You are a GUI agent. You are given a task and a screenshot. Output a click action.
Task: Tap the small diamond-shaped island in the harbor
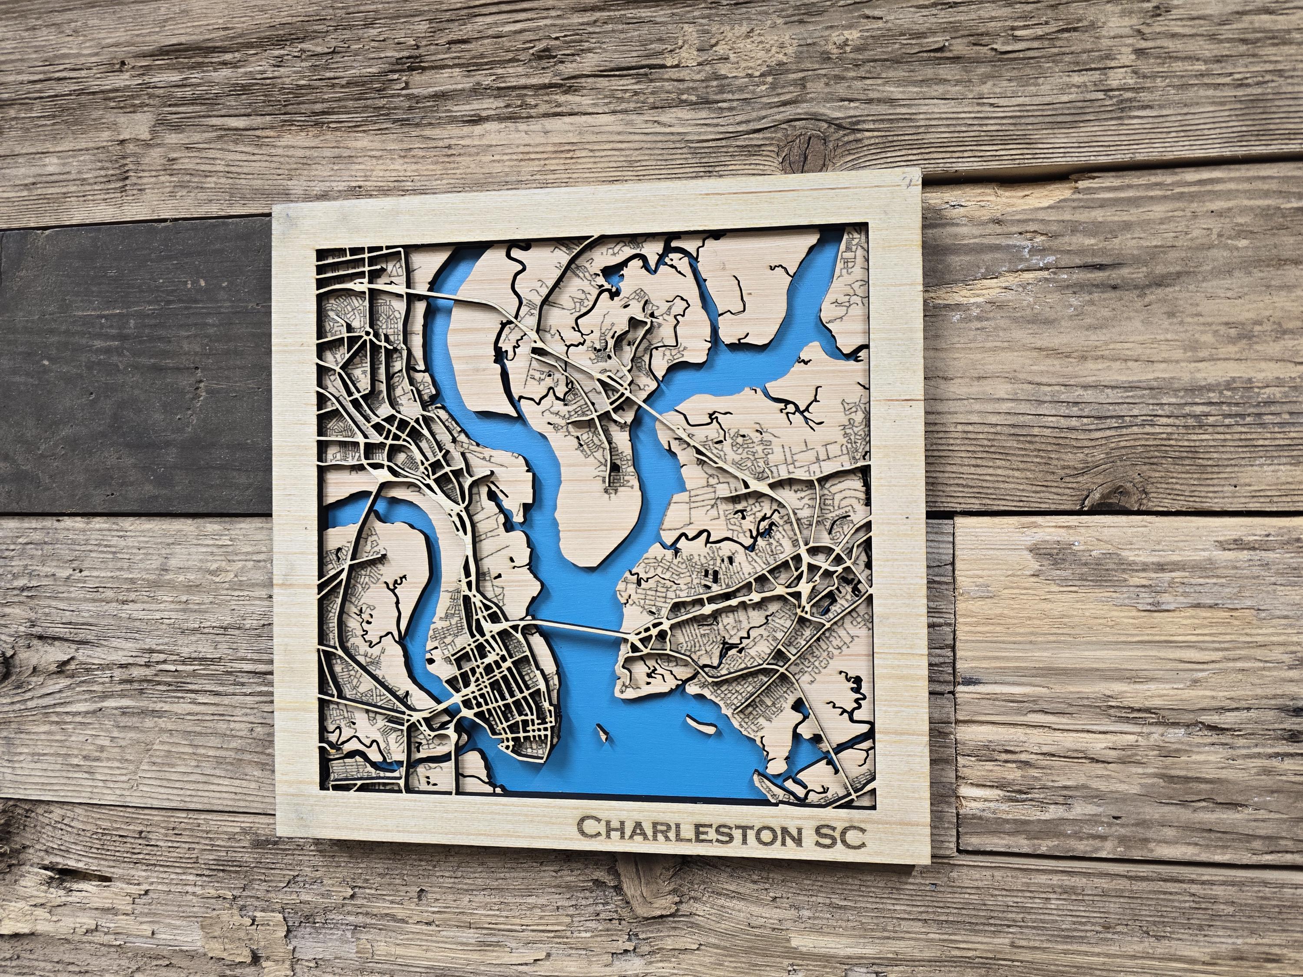[602, 732]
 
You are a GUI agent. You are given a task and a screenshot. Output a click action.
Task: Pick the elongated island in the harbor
[701, 725]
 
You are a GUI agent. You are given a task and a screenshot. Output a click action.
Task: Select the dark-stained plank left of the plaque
[136, 371]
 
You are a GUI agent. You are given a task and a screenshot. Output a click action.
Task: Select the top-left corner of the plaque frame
[274, 206]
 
